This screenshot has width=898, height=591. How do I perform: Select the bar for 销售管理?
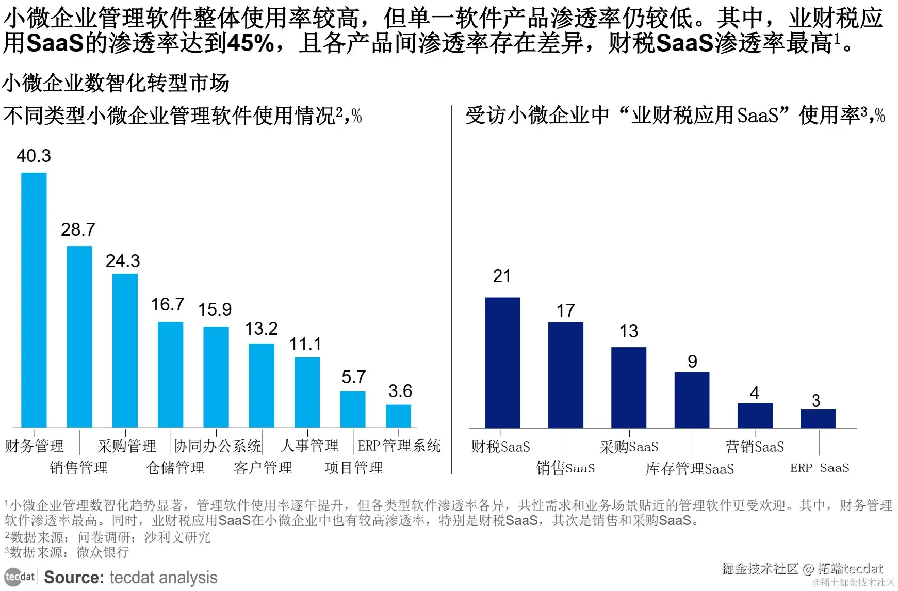pos(79,336)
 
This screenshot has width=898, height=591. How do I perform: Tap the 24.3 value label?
pos(123,261)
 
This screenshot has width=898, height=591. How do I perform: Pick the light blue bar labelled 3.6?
pos(398,416)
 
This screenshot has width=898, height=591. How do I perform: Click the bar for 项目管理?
pos(353,409)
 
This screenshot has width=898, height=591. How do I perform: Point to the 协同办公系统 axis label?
pos(217,446)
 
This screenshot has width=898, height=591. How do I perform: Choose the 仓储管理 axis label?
pos(175,468)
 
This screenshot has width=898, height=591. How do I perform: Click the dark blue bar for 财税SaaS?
pos(502,362)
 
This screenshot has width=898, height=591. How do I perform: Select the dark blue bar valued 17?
pos(565,375)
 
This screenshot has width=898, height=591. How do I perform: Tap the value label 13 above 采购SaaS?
pos(629,331)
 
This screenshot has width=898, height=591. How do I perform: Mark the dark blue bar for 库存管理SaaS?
pos(692,400)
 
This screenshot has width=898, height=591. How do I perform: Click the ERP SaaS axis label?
pos(819,468)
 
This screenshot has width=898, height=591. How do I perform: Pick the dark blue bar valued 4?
pos(755,415)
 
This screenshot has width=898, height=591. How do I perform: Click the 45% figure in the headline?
pos(251,43)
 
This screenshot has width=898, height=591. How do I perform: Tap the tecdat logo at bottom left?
pos(20,577)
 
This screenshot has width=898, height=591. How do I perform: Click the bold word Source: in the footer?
pos(74,578)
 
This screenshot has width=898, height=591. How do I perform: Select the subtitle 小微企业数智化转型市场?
pos(116,83)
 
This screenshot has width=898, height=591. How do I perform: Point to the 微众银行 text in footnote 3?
pos(103,552)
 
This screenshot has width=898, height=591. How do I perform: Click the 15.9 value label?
pos(215,309)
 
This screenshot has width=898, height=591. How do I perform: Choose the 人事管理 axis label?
pos(309,446)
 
